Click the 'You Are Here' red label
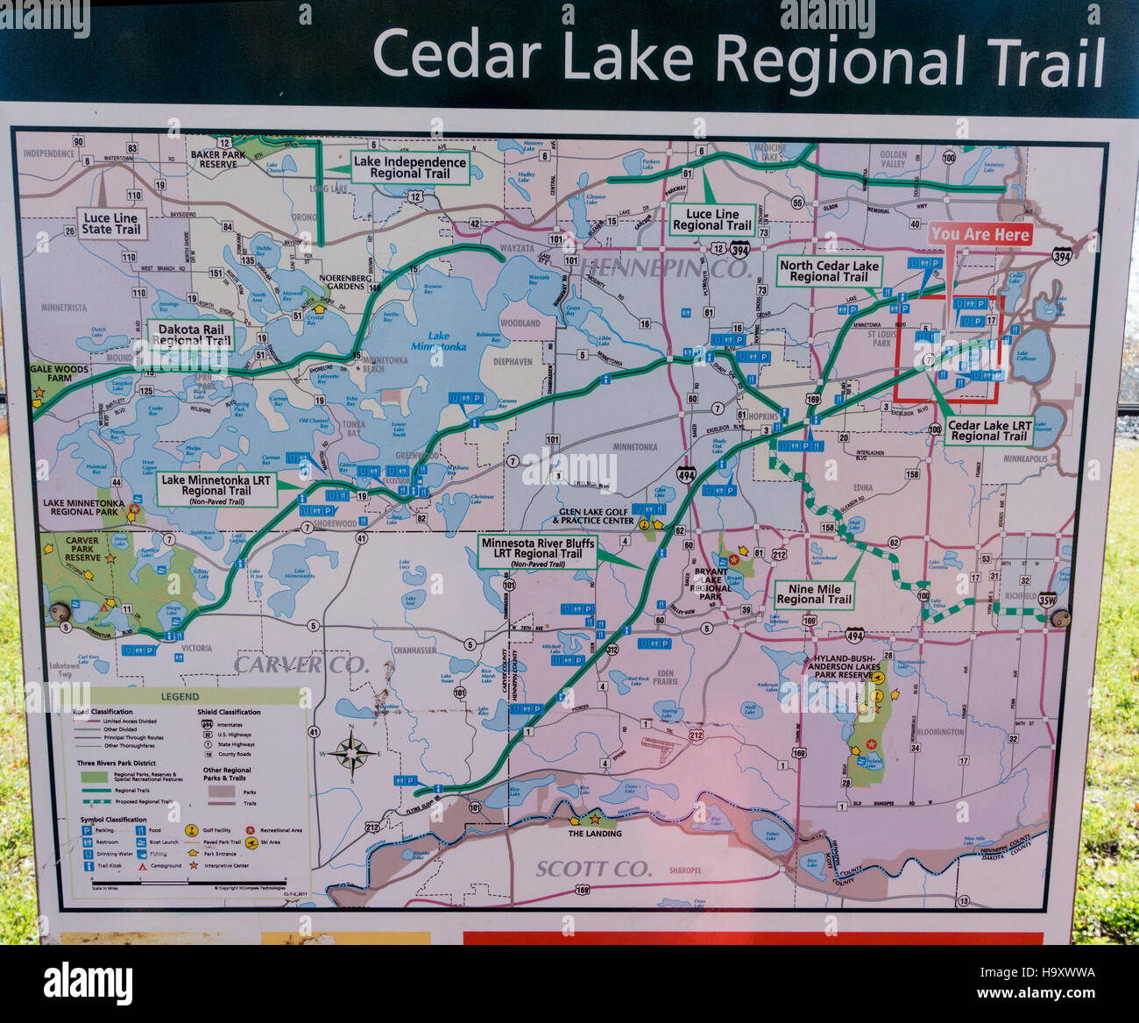pyautogui.click(x=980, y=234)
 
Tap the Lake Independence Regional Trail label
pyautogui.click(x=409, y=167)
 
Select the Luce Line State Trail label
pyautogui.click(x=110, y=224)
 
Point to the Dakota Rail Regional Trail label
pyautogui.click(x=191, y=335)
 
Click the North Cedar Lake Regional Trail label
pyautogui.click(x=829, y=271)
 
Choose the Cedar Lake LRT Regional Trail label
pyautogui.click(x=989, y=430)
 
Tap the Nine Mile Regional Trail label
pyautogui.click(x=814, y=594)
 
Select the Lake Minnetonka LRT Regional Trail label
pyautogui.click(x=216, y=489)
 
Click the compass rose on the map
pyautogui.click(x=350, y=752)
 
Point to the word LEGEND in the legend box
pyautogui.click(x=180, y=697)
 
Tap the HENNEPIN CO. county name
pyautogui.click(x=666, y=269)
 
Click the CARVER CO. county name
pyautogui.click(x=301, y=664)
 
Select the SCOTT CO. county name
pyautogui.click(x=594, y=869)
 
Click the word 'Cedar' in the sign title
pyautogui.click(x=456, y=55)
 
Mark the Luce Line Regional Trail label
pyautogui.click(x=712, y=219)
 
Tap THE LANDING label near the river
pyautogui.click(x=594, y=834)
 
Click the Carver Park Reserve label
pyautogui.click(x=82, y=550)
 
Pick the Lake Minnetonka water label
pyautogui.click(x=438, y=341)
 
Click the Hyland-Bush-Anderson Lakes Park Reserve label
pyautogui.click(x=844, y=667)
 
